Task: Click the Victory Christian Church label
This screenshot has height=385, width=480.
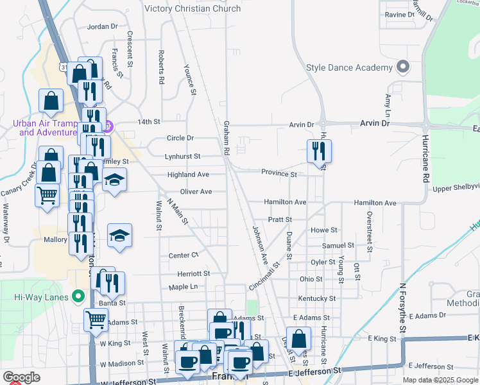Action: click(x=193, y=9)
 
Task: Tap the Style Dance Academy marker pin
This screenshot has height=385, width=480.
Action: click(x=403, y=67)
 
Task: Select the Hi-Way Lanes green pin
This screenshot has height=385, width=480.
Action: click(x=79, y=297)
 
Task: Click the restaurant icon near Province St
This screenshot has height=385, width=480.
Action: click(x=319, y=151)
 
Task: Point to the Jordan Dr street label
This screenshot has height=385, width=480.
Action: click(x=103, y=26)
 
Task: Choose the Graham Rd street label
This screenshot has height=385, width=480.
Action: click(x=227, y=139)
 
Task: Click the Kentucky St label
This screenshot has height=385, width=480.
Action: click(x=317, y=298)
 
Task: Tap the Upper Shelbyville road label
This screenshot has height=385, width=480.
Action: click(x=456, y=189)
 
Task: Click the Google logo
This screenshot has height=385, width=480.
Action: click(x=21, y=377)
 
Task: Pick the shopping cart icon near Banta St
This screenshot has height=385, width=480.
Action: click(x=96, y=317)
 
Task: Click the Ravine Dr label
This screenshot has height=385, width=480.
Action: click(x=400, y=14)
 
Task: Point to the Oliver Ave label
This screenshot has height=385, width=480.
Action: click(x=196, y=191)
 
